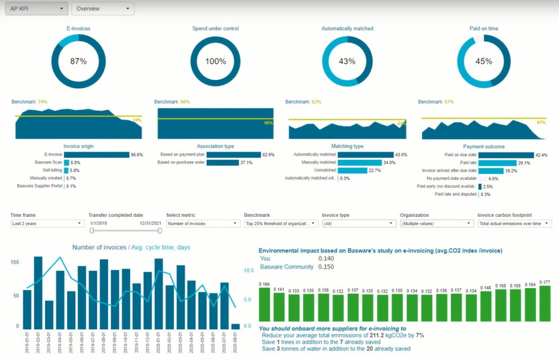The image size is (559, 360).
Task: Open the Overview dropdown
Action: click(103, 9)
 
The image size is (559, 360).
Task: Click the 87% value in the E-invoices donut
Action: click(79, 61)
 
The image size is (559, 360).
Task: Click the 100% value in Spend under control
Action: click(216, 61)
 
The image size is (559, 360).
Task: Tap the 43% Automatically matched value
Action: click(347, 61)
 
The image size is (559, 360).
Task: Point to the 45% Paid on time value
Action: click(483, 61)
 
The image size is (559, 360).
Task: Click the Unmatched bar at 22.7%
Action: click(352, 171)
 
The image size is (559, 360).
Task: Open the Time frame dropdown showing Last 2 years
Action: click(46, 223)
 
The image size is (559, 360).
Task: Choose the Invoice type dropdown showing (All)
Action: click(358, 223)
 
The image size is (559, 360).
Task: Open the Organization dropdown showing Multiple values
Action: click(435, 223)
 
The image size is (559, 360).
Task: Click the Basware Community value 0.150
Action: click(326, 267)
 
